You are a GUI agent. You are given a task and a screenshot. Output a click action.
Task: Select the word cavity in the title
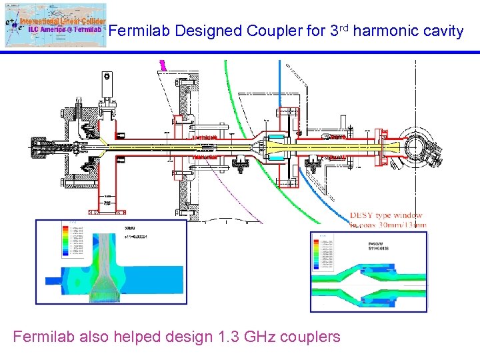[443, 31]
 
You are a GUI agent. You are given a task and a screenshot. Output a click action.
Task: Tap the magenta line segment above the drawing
[162, 66]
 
